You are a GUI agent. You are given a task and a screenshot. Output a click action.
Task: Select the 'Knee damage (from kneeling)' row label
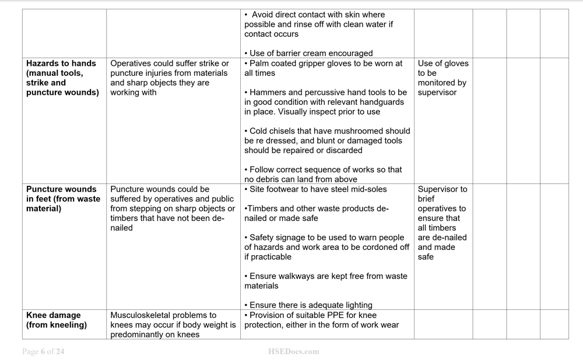[57, 320]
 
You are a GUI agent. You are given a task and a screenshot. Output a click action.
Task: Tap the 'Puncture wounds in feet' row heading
[63, 199]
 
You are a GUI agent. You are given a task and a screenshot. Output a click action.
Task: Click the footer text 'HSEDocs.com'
[293, 351]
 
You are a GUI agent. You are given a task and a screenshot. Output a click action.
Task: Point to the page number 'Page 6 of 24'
[43, 351]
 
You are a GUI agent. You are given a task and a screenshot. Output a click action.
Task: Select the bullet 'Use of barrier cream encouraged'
[308, 54]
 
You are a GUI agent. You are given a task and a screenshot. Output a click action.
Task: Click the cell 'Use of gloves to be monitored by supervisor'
[443, 78]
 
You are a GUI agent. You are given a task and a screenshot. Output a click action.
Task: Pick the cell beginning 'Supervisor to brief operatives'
[442, 223]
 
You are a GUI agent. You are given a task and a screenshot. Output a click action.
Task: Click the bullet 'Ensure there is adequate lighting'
[308, 305]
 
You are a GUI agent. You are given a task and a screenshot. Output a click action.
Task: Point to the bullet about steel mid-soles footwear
[315, 189]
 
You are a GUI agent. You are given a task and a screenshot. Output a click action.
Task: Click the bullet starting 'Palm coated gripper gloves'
[323, 68]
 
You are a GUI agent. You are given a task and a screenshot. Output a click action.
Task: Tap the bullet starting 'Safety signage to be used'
[326, 247]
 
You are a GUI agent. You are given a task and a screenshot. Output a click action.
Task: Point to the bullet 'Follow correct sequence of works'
[323, 174]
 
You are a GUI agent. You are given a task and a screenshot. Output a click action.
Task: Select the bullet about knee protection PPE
[321, 320]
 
